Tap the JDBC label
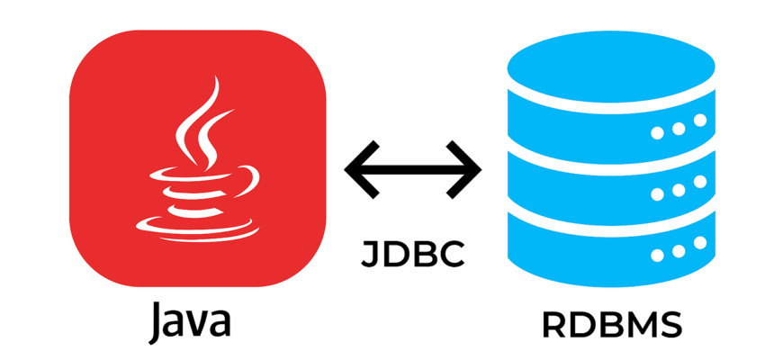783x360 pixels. click(x=413, y=254)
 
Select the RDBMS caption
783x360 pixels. click(x=612, y=325)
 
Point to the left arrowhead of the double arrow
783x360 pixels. click(x=362, y=170)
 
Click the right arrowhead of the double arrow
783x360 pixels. click(x=464, y=170)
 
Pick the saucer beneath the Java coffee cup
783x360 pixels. click(x=198, y=229)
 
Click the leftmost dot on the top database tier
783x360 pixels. click(x=657, y=133)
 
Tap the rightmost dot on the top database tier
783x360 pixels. click(x=700, y=121)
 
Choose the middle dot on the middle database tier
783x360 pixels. click(x=678, y=190)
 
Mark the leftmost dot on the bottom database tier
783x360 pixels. click(x=657, y=255)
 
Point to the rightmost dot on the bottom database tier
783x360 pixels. click(x=700, y=242)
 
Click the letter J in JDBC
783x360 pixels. click(x=371, y=255)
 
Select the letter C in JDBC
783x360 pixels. click(x=453, y=254)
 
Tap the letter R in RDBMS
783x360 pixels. click(x=553, y=325)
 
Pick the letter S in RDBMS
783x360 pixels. click(x=670, y=325)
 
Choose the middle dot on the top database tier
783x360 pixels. click(x=678, y=128)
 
